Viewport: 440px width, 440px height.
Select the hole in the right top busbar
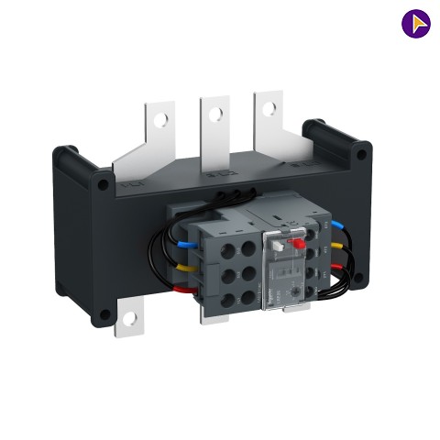tap(269, 108)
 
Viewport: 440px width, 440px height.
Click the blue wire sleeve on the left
tap(182, 245)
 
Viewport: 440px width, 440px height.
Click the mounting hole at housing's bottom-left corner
tap(104, 314)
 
